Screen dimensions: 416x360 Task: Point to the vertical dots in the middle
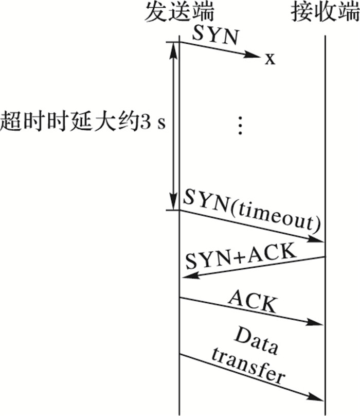click(240, 125)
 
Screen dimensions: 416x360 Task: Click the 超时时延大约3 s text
click(83, 125)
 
